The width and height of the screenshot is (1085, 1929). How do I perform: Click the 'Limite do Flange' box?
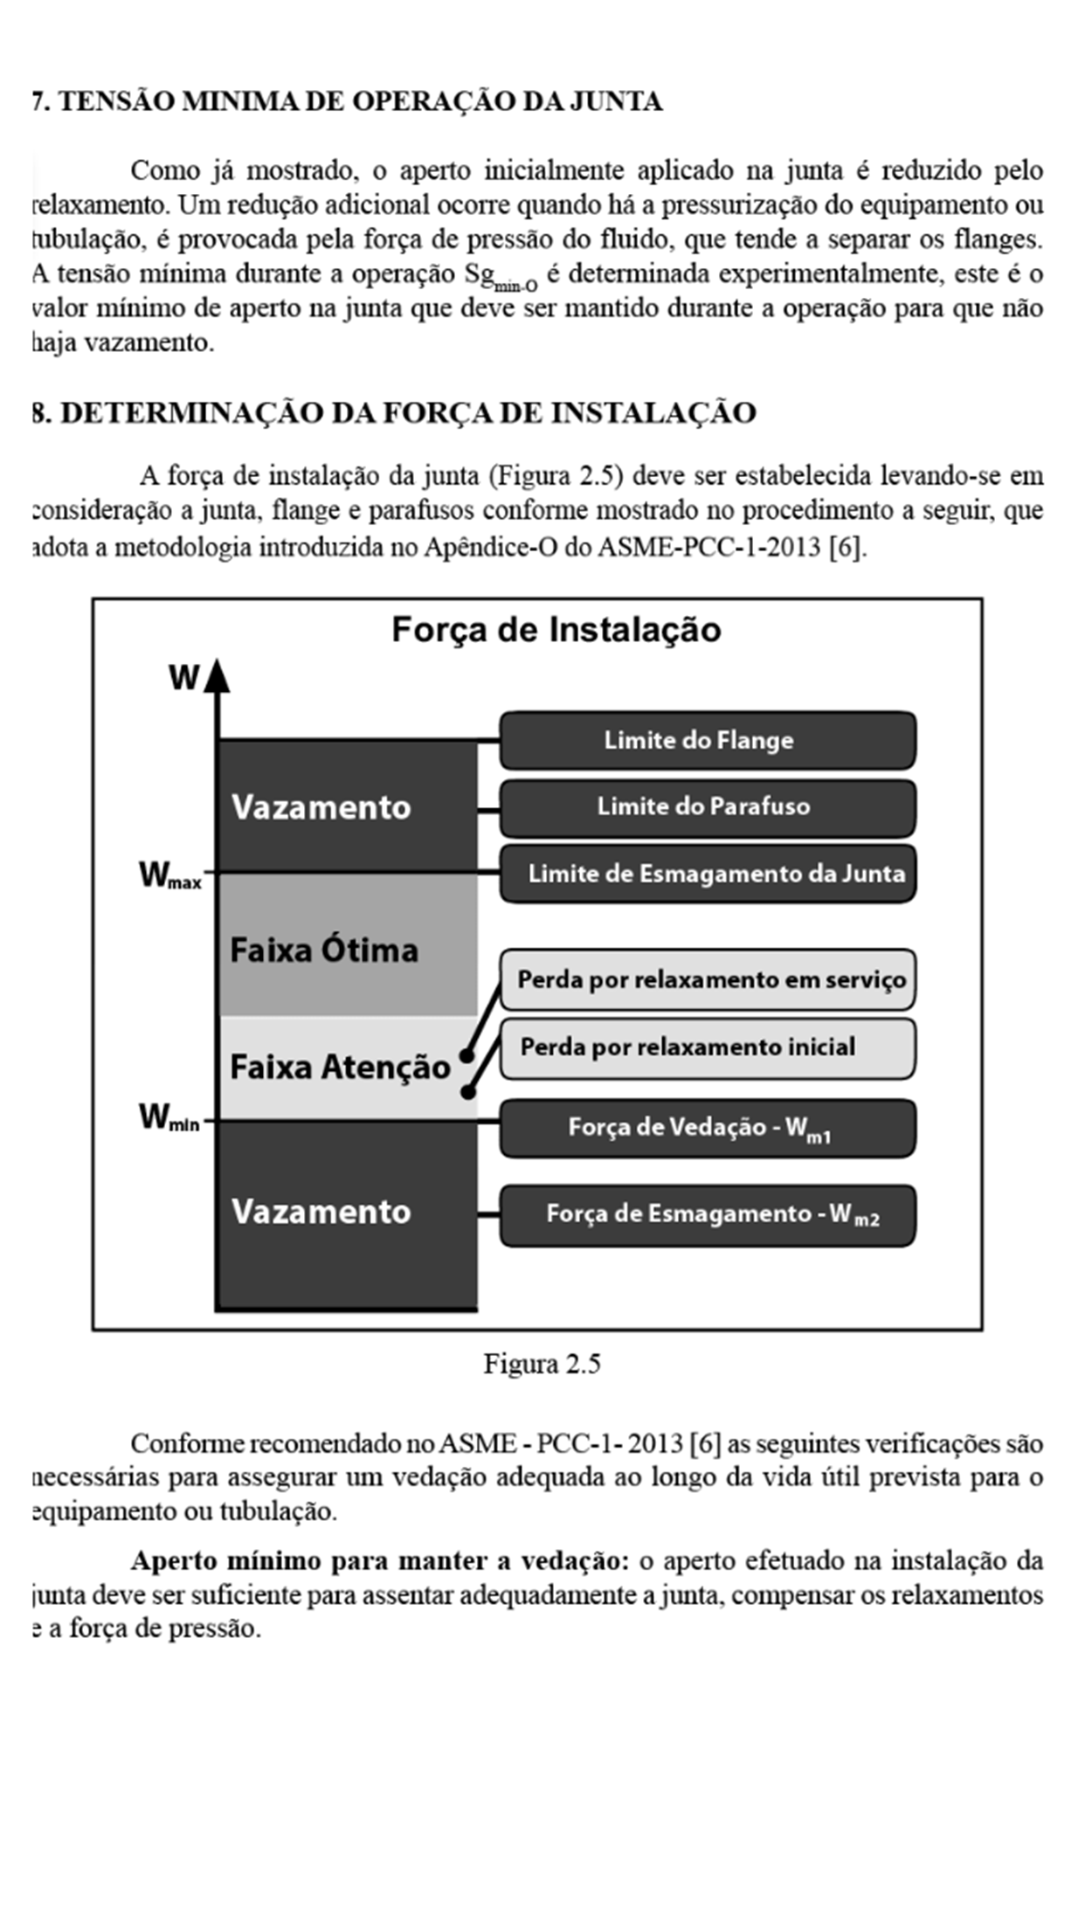pyautogui.click(x=708, y=740)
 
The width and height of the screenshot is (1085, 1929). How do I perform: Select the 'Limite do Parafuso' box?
pyautogui.click(x=708, y=806)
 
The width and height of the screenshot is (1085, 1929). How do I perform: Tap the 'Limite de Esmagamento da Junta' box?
pyautogui.click(x=708, y=874)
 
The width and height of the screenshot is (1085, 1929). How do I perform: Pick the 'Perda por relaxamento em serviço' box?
pyautogui.click(x=708, y=979)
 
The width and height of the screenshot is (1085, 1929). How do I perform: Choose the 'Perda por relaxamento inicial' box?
pyautogui.click(x=708, y=1047)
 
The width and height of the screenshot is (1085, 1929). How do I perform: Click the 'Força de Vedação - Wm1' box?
pyautogui.click(x=708, y=1128)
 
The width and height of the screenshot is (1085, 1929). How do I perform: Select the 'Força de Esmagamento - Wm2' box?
pyautogui.click(x=708, y=1214)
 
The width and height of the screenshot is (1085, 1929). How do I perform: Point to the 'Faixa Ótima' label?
pyautogui.click(x=324, y=951)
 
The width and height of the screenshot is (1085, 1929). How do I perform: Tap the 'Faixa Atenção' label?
pyautogui.click(x=340, y=1067)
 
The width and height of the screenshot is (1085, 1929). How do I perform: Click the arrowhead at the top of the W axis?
pyautogui.click(x=218, y=675)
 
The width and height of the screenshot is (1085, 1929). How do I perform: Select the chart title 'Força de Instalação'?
pyautogui.click(x=556, y=630)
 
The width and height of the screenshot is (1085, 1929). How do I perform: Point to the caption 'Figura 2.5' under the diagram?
pyautogui.click(x=542, y=1364)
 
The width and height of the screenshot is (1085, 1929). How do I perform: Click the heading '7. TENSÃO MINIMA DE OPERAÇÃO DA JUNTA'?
pyautogui.click(x=347, y=101)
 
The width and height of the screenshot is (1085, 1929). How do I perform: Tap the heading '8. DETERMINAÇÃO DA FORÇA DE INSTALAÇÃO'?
pyautogui.click(x=394, y=412)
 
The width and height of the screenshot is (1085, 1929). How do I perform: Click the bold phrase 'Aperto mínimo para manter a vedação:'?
pyautogui.click(x=379, y=1560)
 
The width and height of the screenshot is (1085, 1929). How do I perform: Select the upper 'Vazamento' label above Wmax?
pyautogui.click(x=321, y=807)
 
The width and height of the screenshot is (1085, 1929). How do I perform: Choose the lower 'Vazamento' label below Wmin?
pyautogui.click(x=321, y=1212)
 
